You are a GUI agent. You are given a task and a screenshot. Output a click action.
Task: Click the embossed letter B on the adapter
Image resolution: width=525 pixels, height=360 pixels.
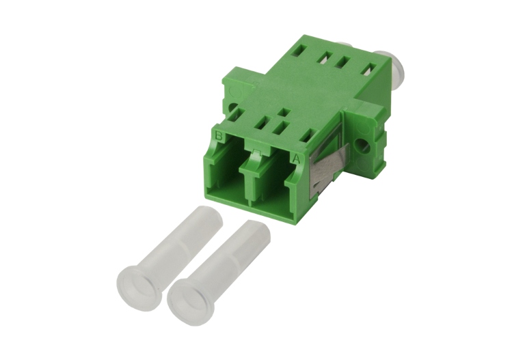(219, 136)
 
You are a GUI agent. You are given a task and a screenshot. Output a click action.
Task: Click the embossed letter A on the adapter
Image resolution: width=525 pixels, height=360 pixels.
(296, 158)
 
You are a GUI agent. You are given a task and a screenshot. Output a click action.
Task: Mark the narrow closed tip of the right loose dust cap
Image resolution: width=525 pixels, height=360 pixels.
(257, 230)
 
